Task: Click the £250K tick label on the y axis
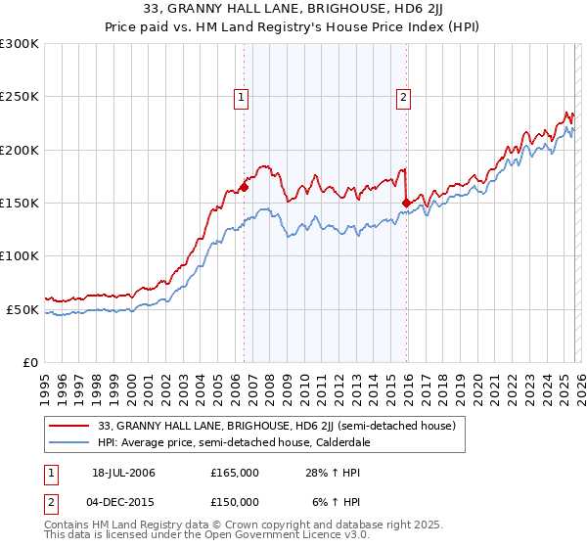point(20,97)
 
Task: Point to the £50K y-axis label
point(23,309)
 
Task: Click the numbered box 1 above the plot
point(241,96)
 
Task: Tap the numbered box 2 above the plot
point(403,96)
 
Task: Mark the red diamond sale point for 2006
point(244,187)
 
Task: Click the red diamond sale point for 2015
point(406,203)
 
